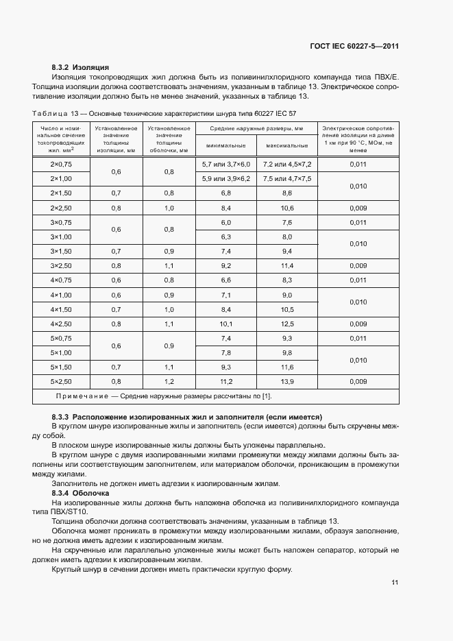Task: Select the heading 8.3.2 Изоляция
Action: click(x=81, y=68)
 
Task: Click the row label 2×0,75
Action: click(x=61, y=165)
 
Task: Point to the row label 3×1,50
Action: click(x=61, y=252)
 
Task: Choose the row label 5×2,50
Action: click(x=61, y=381)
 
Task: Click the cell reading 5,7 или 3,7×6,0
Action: click(x=226, y=165)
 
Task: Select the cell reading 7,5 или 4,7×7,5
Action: click(x=287, y=179)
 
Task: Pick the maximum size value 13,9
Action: click(x=287, y=381)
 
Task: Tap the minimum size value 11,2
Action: click(x=226, y=381)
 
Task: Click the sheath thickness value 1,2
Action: click(x=169, y=381)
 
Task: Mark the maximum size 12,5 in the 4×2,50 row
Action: click(x=287, y=324)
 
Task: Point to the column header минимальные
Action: click(x=226, y=146)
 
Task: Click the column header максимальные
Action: click(x=287, y=146)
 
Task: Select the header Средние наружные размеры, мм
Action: click(x=256, y=128)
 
